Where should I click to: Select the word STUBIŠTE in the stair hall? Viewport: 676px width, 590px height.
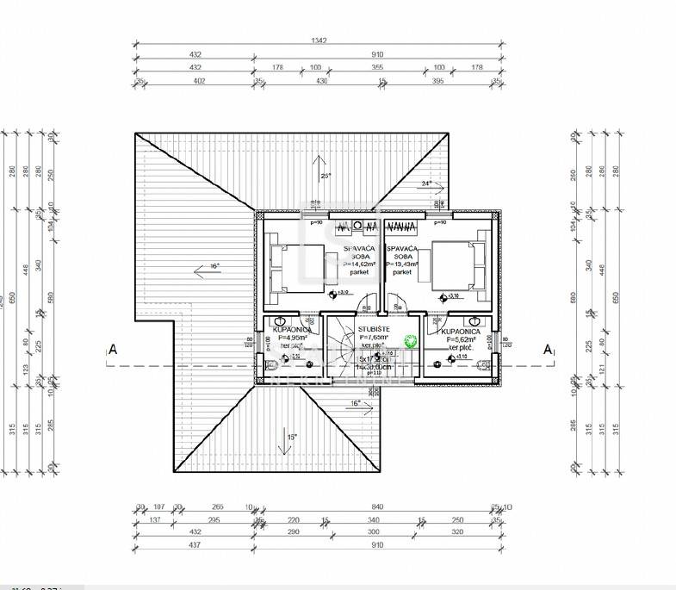375,328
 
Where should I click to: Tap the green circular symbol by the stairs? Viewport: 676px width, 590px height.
411,341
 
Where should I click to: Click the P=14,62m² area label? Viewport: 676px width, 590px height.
359,264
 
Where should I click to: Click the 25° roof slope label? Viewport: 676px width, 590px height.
326,176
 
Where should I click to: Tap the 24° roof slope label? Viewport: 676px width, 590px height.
425,183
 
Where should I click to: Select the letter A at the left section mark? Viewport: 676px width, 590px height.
112,349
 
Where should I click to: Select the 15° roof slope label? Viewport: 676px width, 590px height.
291,438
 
